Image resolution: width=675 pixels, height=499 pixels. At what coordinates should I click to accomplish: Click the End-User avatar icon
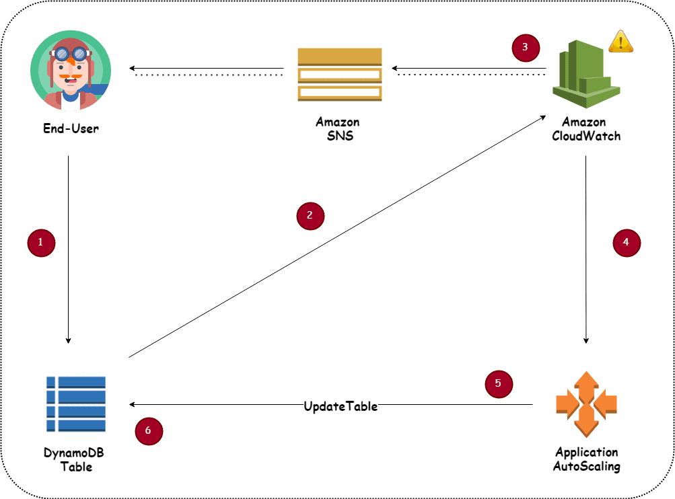pyautogui.click(x=71, y=69)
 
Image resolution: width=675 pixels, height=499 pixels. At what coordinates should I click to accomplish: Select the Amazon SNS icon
pyautogui.click(x=340, y=75)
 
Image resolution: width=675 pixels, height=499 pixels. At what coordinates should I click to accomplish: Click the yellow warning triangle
pyautogui.click(x=620, y=42)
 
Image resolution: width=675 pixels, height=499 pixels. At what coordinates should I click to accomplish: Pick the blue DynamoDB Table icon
pyautogui.click(x=75, y=404)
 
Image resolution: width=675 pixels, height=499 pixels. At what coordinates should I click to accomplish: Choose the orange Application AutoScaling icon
pyautogui.click(x=586, y=404)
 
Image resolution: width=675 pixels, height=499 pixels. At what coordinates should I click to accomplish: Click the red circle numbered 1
pyautogui.click(x=41, y=243)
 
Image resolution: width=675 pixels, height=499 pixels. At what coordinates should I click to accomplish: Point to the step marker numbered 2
pyautogui.click(x=310, y=216)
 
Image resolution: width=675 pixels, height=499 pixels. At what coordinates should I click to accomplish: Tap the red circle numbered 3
pyautogui.click(x=526, y=48)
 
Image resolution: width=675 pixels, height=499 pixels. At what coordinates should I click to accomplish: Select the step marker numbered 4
pyautogui.click(x=627, y=243)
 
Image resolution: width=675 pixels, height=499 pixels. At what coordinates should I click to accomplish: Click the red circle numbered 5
pyautogui.click(x=499, y=383)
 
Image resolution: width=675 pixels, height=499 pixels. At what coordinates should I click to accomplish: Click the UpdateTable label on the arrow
pyautogui.click(x=341, y=406)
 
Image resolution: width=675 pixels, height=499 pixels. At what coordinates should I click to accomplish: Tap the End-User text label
pyautogui.click(x=71, y=128)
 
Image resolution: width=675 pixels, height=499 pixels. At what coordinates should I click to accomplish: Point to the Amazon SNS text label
pyautogui.click(x=339, y=128)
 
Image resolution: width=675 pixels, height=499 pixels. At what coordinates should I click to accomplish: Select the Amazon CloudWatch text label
pyautogui.click(x=585, y=128)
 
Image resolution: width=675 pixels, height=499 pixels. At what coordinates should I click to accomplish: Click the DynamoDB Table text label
pyautogui.click(x=75, y=459)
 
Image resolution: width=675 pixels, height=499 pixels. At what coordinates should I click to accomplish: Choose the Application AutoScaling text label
pyautogui.click(x=586, y=459)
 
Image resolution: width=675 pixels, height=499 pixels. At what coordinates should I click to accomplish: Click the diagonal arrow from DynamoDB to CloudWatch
pyautogui.click(x=336, y=236)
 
